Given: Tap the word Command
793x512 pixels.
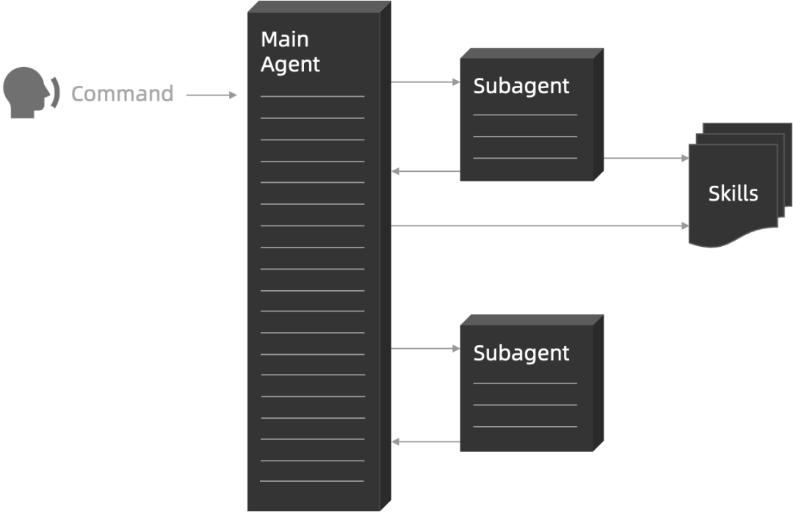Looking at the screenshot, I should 122,94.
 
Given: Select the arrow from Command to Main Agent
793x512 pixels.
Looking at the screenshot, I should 211,95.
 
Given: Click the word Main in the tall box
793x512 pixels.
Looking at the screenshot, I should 285,39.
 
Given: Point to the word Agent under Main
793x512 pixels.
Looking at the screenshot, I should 291,65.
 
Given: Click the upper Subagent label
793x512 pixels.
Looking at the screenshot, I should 521,86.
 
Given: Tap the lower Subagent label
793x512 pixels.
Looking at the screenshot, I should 521,353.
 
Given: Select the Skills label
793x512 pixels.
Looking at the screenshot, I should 733,193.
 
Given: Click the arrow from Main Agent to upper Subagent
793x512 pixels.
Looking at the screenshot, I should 425,82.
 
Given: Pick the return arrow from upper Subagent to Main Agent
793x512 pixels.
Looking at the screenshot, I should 425,171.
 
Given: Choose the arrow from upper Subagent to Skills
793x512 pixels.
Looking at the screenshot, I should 646,158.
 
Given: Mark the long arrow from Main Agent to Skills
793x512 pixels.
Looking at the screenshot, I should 540,226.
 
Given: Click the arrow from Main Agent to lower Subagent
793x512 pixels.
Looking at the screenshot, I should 425,349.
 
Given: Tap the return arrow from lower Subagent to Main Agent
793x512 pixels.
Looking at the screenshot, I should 425,441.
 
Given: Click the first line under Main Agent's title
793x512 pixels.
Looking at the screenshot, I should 312,96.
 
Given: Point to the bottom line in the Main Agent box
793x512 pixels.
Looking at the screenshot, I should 312,482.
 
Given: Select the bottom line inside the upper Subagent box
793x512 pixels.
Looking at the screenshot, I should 525,158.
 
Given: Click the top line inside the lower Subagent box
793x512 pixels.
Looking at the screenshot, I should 525,383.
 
